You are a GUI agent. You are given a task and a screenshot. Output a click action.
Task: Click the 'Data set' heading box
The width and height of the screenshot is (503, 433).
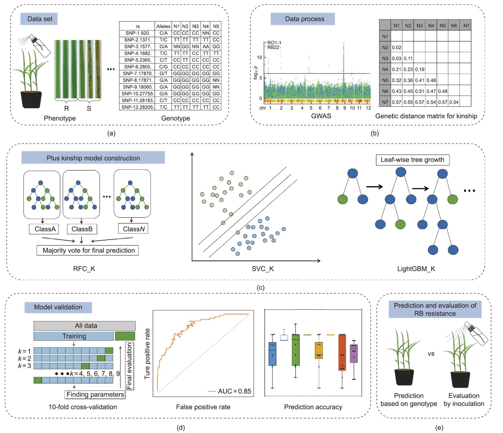[x=40, y=19]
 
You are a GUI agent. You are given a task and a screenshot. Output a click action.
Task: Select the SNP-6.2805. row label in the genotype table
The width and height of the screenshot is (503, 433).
[x=137, y=67]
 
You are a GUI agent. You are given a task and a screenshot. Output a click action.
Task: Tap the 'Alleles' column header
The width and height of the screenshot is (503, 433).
[x=163, y=26]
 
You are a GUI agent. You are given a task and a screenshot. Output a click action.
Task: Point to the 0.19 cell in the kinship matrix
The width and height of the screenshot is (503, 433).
[x=420, y=69]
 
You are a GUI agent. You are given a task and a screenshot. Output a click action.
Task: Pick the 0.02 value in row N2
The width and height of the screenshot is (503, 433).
[x=396, y=47]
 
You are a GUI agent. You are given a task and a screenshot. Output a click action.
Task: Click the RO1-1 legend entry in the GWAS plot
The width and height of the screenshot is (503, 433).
[x=274, y=43]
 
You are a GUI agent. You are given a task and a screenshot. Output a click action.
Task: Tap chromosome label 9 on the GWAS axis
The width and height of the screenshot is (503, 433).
[x=345, y=108]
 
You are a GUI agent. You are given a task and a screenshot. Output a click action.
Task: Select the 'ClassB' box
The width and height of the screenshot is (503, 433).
[x=82, y=229]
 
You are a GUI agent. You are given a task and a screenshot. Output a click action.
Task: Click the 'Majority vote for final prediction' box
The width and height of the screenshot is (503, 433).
[x=88, y=250]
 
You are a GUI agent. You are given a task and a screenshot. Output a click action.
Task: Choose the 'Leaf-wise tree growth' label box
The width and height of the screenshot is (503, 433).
[x=412, y=160]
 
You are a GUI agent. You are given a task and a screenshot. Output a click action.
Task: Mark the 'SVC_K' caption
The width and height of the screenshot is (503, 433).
[x=263, y=269]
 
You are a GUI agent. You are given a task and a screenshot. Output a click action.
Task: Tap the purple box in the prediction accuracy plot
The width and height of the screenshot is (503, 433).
[x=354, y=353]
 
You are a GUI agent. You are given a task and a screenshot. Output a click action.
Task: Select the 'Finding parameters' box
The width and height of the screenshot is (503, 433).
[x=95, y=394]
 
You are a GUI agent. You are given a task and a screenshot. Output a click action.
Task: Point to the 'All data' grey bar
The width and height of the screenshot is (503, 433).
[x=85, y=325]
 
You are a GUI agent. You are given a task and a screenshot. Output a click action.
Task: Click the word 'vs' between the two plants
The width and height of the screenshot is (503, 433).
[x=431, y=354]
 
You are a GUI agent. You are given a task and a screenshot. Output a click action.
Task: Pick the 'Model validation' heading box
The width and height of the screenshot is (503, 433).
[x=58, y=307]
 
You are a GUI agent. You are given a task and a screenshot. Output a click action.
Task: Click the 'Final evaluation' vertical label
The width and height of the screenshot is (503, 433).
[x=129, y=366]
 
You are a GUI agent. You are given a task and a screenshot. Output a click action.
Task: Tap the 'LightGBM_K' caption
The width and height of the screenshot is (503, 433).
[x=416, y=269]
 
